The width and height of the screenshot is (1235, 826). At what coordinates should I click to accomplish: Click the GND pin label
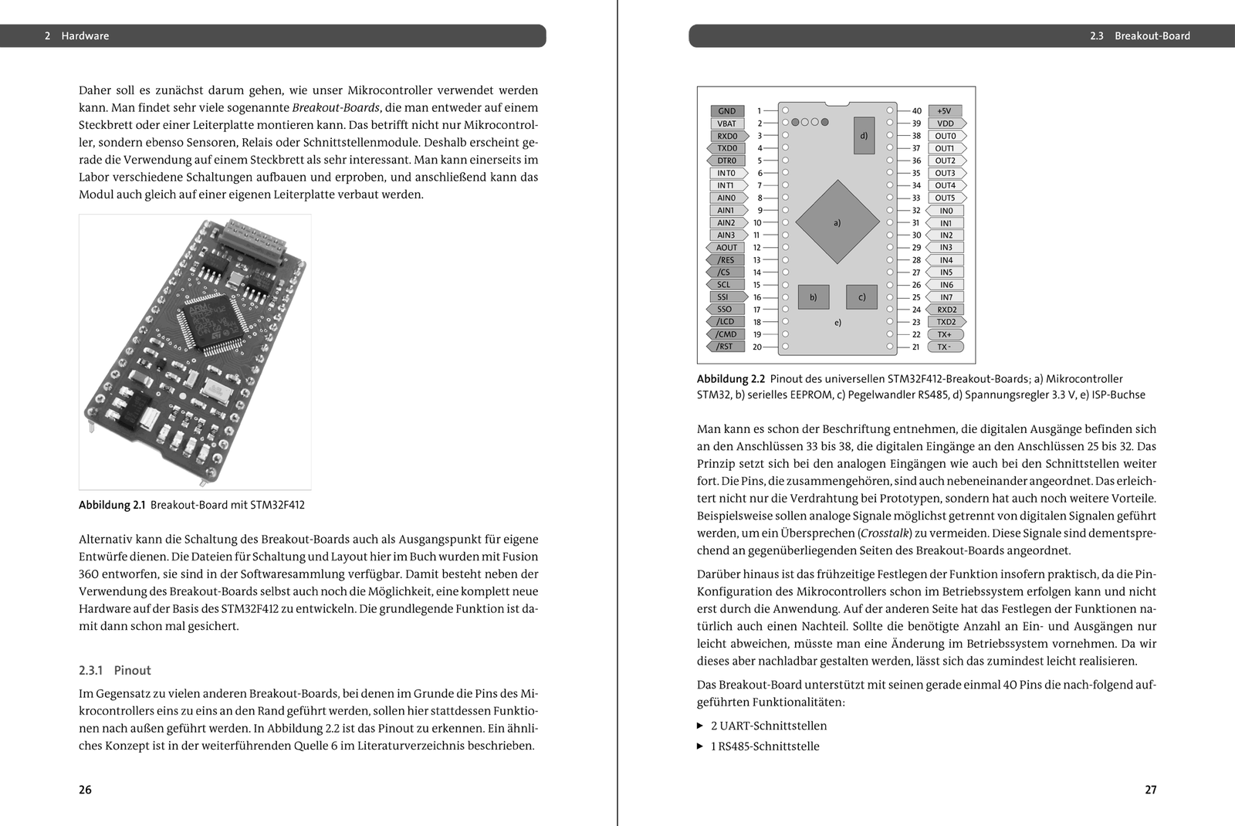point(727,111)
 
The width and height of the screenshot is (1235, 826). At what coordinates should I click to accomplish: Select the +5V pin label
point(944,111)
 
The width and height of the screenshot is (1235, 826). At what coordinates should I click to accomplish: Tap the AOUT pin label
point(726,248)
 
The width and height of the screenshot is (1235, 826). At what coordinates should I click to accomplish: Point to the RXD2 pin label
point(946,310)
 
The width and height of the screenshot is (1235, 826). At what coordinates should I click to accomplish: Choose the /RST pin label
point(725,347)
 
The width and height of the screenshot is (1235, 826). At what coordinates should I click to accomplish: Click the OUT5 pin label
point(946,198)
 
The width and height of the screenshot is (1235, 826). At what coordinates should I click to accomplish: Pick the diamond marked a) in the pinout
point(837,222)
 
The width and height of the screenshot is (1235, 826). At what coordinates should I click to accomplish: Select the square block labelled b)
point(813,297)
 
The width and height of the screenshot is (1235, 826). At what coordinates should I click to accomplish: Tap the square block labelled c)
point(861,297)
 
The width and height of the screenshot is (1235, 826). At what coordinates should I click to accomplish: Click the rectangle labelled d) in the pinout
point(864,136)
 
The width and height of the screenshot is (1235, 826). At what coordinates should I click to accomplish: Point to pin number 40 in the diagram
point(916,111)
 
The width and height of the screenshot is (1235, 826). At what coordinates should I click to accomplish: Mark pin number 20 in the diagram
point(757,347)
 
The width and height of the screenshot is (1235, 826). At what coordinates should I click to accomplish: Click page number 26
point(85,790)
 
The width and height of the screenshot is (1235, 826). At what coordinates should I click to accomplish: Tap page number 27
point(1150,790)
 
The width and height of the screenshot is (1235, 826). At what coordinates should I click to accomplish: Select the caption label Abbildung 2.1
point(112,505)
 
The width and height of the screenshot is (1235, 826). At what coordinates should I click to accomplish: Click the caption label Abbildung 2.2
point(730,379)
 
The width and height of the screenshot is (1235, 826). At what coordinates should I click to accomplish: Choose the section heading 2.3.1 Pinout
point(115,670)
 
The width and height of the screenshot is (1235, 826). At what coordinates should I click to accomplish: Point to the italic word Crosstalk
point(885,533)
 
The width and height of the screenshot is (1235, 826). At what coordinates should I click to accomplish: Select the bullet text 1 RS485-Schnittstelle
point(765,746)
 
